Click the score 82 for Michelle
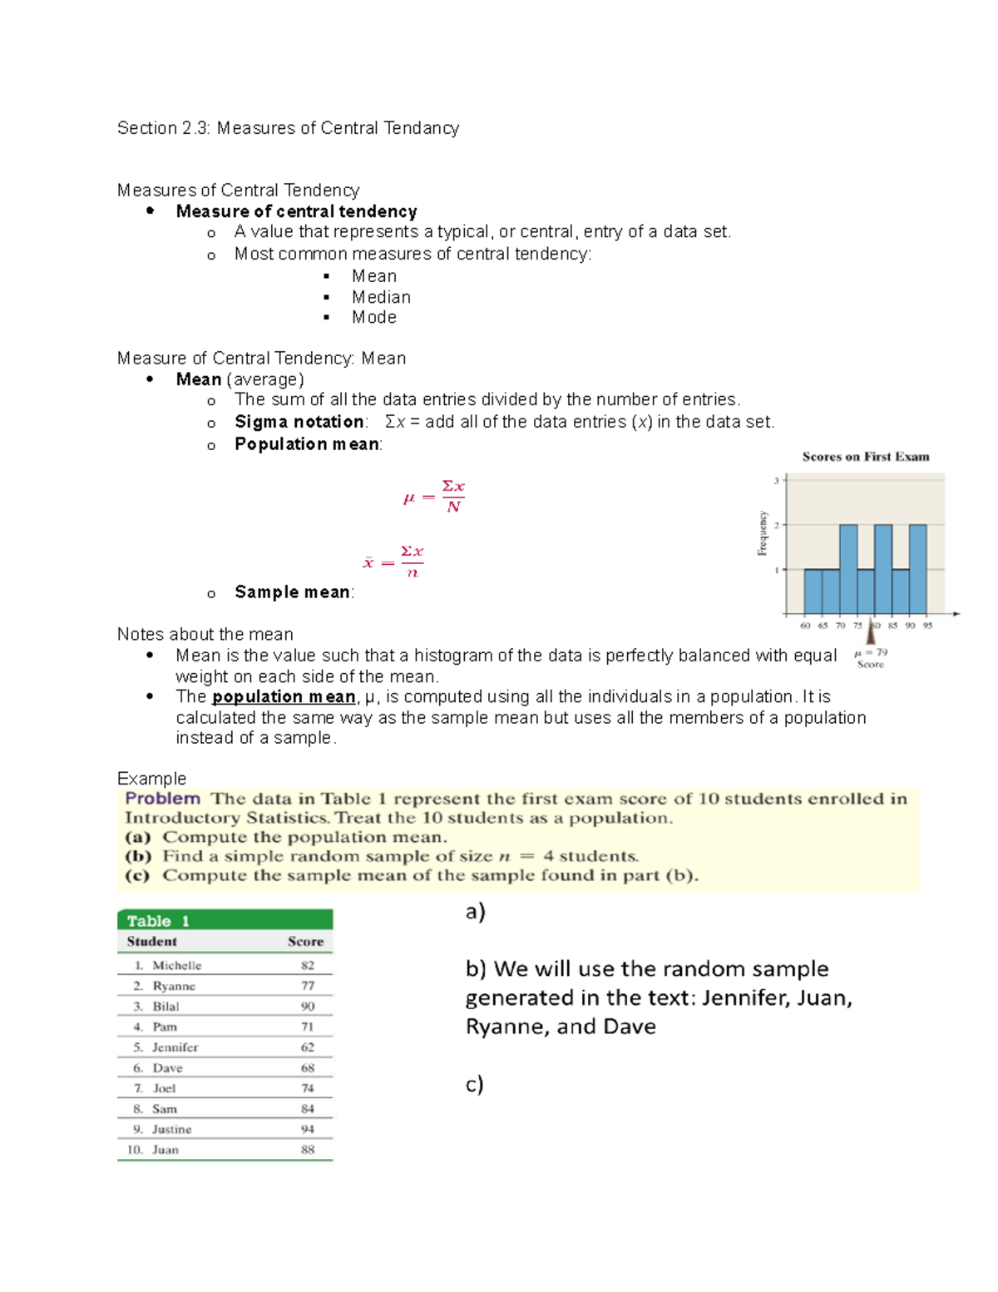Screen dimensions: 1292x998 308,965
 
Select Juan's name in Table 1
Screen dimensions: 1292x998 166,1150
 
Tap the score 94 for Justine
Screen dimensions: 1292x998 308,1129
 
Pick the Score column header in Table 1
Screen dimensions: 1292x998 305,941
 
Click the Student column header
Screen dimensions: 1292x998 151,941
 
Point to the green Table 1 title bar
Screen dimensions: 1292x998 225,920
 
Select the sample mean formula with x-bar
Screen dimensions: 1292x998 393,562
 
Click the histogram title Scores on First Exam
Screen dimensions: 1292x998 866,457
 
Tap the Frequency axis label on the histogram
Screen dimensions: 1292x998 762,533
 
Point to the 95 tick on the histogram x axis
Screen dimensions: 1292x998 927,626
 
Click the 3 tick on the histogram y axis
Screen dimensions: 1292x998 777,481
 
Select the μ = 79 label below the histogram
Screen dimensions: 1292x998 871,653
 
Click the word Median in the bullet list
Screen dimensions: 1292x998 381,297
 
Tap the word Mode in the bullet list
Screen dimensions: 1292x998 373,317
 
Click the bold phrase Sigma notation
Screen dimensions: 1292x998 299,422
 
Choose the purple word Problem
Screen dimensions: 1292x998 163,799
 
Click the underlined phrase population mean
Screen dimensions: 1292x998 284,696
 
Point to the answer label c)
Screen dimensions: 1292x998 474,1084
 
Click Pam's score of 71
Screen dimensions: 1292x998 308,1027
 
